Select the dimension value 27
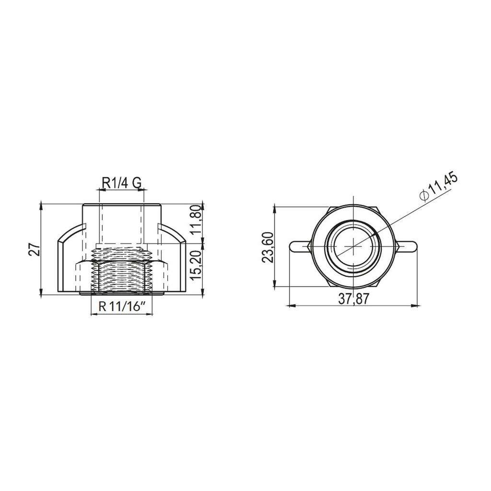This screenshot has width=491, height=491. pos(35,249)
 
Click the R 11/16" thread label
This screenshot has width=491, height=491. pos(122,306)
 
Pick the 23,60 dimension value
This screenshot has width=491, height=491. pos(268,248)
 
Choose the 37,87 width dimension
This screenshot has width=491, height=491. pos(354,299)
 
